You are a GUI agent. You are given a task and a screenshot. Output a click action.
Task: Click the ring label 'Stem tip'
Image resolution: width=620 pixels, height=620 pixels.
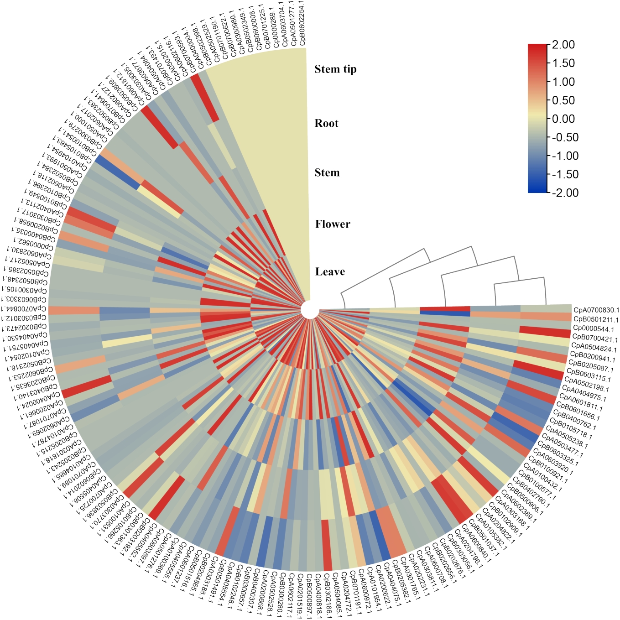click(335, 69)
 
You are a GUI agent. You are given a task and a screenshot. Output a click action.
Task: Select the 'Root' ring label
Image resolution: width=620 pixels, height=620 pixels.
click(327, 123)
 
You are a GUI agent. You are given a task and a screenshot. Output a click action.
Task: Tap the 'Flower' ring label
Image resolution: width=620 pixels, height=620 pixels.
click(333, 224)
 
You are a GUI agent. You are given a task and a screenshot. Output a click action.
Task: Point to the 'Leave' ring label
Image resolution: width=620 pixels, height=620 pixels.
click(330, 272)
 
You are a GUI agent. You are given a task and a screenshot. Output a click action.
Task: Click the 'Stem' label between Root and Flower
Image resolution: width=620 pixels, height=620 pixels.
click(327, 172)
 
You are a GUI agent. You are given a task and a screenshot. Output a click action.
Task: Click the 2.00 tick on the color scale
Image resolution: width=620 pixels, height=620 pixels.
click(563, 45)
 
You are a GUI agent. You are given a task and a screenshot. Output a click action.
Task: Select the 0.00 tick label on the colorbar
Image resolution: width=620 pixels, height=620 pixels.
click(563, 119)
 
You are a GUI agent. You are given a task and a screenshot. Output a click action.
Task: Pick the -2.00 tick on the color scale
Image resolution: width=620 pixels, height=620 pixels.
click(564, 193)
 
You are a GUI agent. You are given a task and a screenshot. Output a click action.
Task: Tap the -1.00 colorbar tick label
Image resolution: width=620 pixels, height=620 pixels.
click(564, 156)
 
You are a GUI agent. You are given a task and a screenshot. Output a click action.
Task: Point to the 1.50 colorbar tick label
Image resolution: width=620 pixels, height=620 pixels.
click(563, 63)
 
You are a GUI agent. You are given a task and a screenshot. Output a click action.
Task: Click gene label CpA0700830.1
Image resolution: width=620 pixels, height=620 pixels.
click(596, 310)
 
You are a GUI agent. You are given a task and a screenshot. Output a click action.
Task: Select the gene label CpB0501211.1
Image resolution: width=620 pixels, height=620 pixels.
click(596, 319)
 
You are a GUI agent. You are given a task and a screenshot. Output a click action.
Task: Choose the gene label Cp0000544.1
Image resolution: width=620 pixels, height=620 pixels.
click(594, 329)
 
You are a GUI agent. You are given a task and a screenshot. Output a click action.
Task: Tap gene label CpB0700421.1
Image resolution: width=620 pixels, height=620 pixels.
click(595, 339)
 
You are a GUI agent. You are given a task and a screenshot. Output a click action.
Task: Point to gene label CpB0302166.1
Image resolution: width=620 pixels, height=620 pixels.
click(328, 596)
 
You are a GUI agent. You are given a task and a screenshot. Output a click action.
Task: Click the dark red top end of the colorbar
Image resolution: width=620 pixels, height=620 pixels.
click(537, 47)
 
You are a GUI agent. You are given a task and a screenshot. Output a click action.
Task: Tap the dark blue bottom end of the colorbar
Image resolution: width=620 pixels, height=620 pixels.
click(537, 190)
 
